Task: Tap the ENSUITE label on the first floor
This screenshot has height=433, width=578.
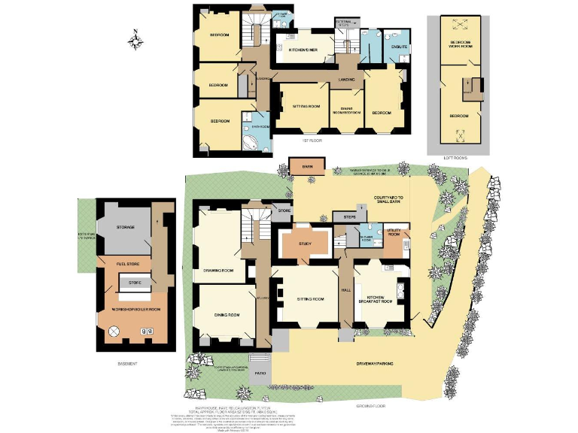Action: [x=399, y=47]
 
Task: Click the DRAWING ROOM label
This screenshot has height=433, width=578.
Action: [x=219, y=269]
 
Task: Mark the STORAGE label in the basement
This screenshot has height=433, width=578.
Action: [x=125, y=226]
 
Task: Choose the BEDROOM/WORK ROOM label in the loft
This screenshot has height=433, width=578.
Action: [x=461, y=44]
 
